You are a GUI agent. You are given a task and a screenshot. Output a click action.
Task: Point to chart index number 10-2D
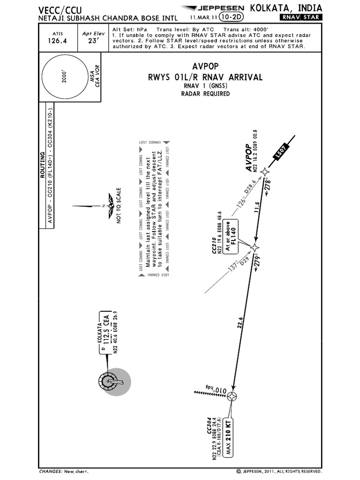click(x=229, y=17)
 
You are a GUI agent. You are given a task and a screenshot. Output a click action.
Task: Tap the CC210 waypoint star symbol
click(x=255, y=247)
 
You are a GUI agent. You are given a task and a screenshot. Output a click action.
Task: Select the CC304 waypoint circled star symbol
click(x=232, y=397)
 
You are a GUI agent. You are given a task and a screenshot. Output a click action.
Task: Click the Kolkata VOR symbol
click(x=110, y=382)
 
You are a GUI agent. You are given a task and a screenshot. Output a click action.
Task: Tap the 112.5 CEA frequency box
click(x=106, y=328)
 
